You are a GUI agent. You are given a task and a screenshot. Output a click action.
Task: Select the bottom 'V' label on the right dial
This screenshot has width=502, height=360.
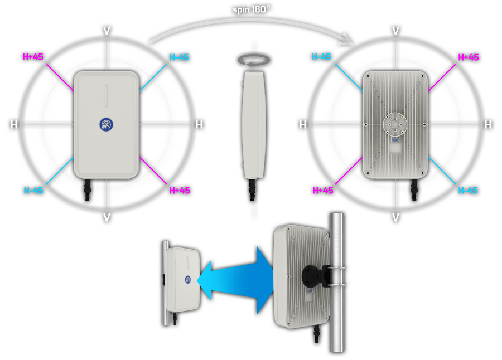(395, 217)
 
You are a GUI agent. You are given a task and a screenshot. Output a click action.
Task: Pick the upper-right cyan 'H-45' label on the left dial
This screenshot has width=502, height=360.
(179, 57)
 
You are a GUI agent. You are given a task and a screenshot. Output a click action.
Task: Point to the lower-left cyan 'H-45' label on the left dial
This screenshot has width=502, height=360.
(33, 190)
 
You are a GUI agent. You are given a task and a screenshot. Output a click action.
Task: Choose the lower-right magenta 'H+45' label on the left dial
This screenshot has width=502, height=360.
(179, 191)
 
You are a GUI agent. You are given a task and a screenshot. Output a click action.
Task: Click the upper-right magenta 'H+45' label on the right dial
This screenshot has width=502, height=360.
(468, 57)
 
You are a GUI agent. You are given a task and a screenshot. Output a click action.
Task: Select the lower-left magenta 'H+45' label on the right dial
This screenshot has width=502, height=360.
(323, 191)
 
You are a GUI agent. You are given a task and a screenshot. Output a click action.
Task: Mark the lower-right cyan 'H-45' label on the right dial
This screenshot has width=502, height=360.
(468, 191)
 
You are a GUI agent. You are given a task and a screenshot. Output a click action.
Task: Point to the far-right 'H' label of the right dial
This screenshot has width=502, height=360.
(488, 124)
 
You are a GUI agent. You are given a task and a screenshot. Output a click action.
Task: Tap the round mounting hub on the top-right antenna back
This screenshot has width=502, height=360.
(395, 124)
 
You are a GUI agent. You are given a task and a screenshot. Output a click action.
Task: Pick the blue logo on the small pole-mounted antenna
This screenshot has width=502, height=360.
(189, 279)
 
